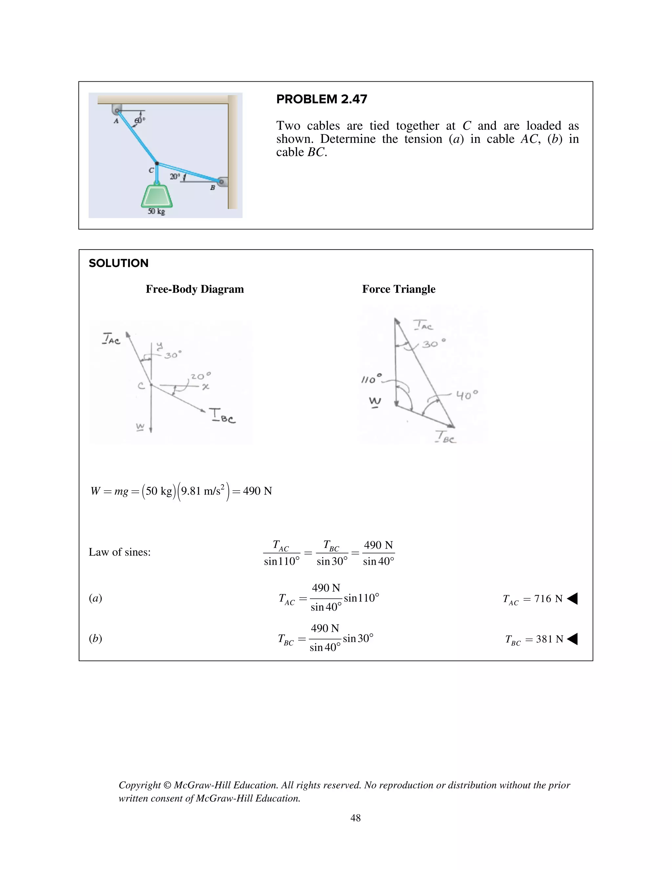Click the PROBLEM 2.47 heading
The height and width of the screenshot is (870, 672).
click(x=321, y=99)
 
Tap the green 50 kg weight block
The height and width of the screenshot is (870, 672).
click(x=157, y=196)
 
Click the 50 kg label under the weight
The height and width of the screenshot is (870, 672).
click(x=156, y=211)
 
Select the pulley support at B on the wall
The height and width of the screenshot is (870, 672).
click(x=222, y=182)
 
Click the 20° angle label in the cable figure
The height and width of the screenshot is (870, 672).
click(x=175, y=177)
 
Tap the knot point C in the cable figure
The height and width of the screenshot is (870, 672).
click(x=157, y=163)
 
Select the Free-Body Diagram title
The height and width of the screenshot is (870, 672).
click(x=195, y=289)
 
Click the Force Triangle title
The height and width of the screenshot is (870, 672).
click(x=398, y=289)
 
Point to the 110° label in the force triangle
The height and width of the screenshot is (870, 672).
click(x=371, y=379)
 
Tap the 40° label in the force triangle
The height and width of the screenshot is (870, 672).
click(x=467, y=395)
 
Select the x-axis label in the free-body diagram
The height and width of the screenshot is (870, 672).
click(x=205, y=386)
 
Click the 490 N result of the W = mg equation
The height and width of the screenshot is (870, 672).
click(x=257, y=491)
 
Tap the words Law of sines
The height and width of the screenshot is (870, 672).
click(x=119, y=552)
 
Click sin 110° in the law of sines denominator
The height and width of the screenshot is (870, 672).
click(x=282, y=561)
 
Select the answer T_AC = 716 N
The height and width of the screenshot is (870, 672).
click(x=533, y=599)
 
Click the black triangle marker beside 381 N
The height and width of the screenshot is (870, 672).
click(x=572, y=639)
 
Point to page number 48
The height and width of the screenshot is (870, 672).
click(x=355, y=818)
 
